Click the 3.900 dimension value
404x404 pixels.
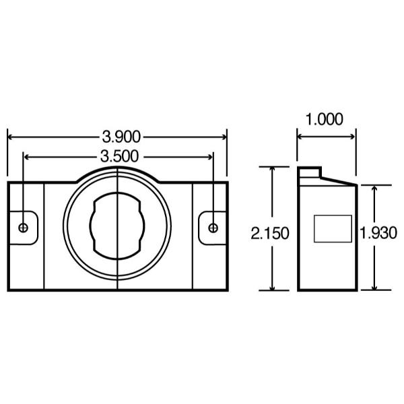[121, 137]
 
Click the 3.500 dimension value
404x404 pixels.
[120, 156]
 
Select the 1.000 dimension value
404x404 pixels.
[324, 119]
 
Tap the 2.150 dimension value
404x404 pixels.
[270, 234]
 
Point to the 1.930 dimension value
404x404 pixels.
[378, 233]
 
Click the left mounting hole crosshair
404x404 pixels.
[23, 228]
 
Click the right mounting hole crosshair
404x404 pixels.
[213, 228]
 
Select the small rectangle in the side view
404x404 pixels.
[333, 229]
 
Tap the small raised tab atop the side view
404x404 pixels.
[310, 172]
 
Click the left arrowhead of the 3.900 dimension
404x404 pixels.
[10, 137]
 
